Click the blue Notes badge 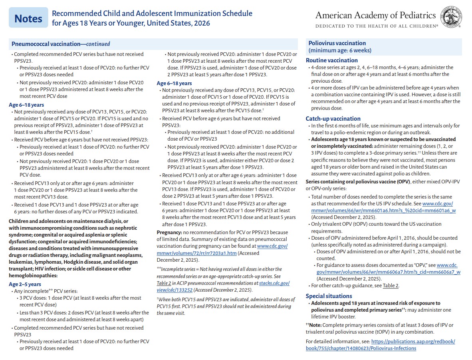pos(28,18)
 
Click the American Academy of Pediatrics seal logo pos(452,18)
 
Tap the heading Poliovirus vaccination pos(337,43)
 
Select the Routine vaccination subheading pos(331,60)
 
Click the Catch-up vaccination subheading pos(333,118)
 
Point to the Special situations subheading pos(329,296)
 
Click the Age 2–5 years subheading pos(25,284)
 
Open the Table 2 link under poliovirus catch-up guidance pos(391,285)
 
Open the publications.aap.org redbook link pos(380,345)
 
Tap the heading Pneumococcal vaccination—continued pos(61,44)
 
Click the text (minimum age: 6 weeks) pos(340,50)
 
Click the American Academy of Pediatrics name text pos(375,16)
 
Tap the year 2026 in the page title pos(202,23)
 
